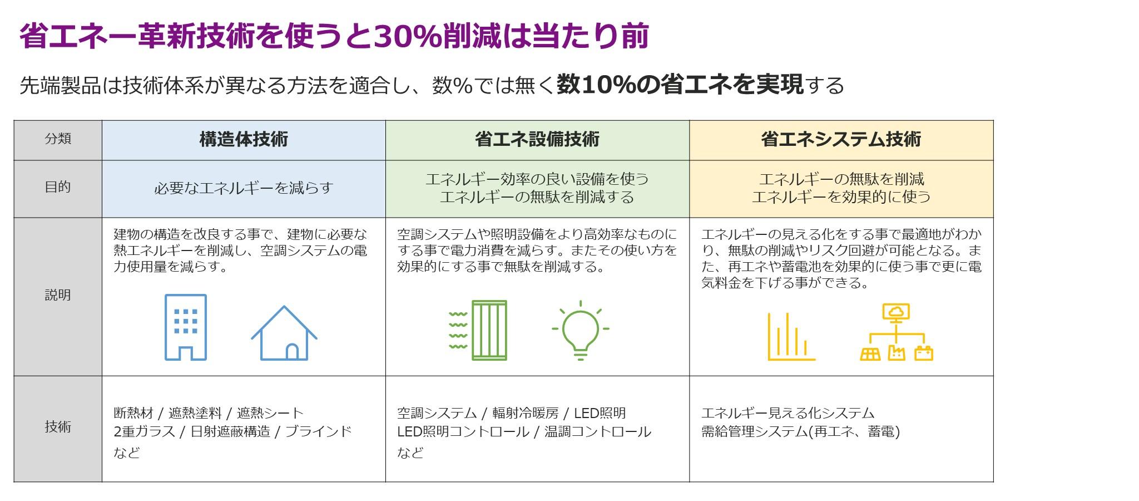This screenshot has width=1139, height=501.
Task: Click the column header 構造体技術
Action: (x=244, y=139)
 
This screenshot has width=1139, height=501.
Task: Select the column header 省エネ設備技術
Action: (x=537, y=139)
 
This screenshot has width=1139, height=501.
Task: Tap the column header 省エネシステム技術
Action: (x=841, y=139)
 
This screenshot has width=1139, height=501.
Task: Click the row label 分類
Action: (x=58, y=139)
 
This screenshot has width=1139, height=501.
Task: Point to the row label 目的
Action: (x=58, y=187)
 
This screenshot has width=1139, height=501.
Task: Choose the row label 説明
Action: (x=58, y=295)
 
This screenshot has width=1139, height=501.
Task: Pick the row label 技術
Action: (x=58, y=427)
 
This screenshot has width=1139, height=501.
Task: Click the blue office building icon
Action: (x=186, y=327)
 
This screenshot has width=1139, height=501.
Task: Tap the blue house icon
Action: (x=284, y=333)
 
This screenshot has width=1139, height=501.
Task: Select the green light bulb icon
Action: (x=581, y=331)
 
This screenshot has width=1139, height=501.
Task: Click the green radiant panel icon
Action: (x=478, y=331)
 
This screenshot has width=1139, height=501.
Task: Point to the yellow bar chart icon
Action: (x=791, y=336)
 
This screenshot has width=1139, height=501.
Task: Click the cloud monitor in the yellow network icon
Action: (x=896, y=312)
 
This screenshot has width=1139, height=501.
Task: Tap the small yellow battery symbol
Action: (x=924, y=353)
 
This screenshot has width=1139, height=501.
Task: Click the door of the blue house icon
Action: (x=291, y=351)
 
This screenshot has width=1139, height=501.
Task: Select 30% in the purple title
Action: (x=402, y=37)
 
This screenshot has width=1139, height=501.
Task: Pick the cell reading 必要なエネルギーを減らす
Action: (x=244, y=188)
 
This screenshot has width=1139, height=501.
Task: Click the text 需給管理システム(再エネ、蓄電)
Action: (x=800, y=431)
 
